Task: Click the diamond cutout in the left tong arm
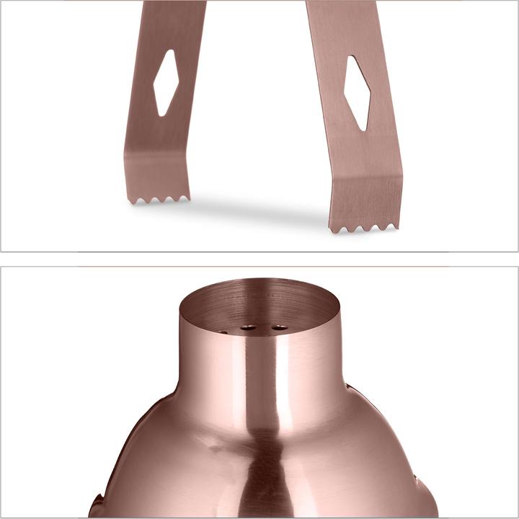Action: [166, 82]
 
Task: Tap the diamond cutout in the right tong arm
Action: [357, 92]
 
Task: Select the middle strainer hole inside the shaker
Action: [249, 328]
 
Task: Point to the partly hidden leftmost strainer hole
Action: [222, 332]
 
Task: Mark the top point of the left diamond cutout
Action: [169, 51]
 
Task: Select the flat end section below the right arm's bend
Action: [364, 202]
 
